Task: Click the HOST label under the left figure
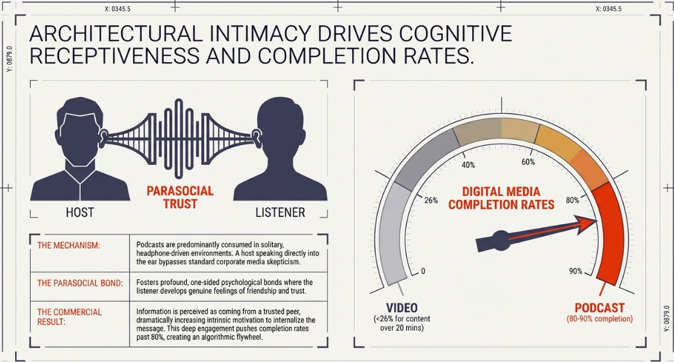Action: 80,213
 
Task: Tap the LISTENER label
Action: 280,213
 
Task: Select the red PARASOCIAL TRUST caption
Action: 180,198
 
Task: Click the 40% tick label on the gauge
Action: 468,165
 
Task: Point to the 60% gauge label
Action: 528,162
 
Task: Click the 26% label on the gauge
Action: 431,201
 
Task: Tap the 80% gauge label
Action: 573,201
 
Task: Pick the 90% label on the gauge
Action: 576,271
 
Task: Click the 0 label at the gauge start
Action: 423,271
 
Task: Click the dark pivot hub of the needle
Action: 501,239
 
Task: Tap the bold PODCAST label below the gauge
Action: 600,308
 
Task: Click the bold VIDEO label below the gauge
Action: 402,308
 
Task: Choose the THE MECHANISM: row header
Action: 68,246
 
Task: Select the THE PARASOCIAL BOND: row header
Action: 80,283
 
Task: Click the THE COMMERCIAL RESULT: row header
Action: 70,317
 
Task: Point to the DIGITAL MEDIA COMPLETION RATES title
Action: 501,198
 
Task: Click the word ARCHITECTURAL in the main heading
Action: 116,34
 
